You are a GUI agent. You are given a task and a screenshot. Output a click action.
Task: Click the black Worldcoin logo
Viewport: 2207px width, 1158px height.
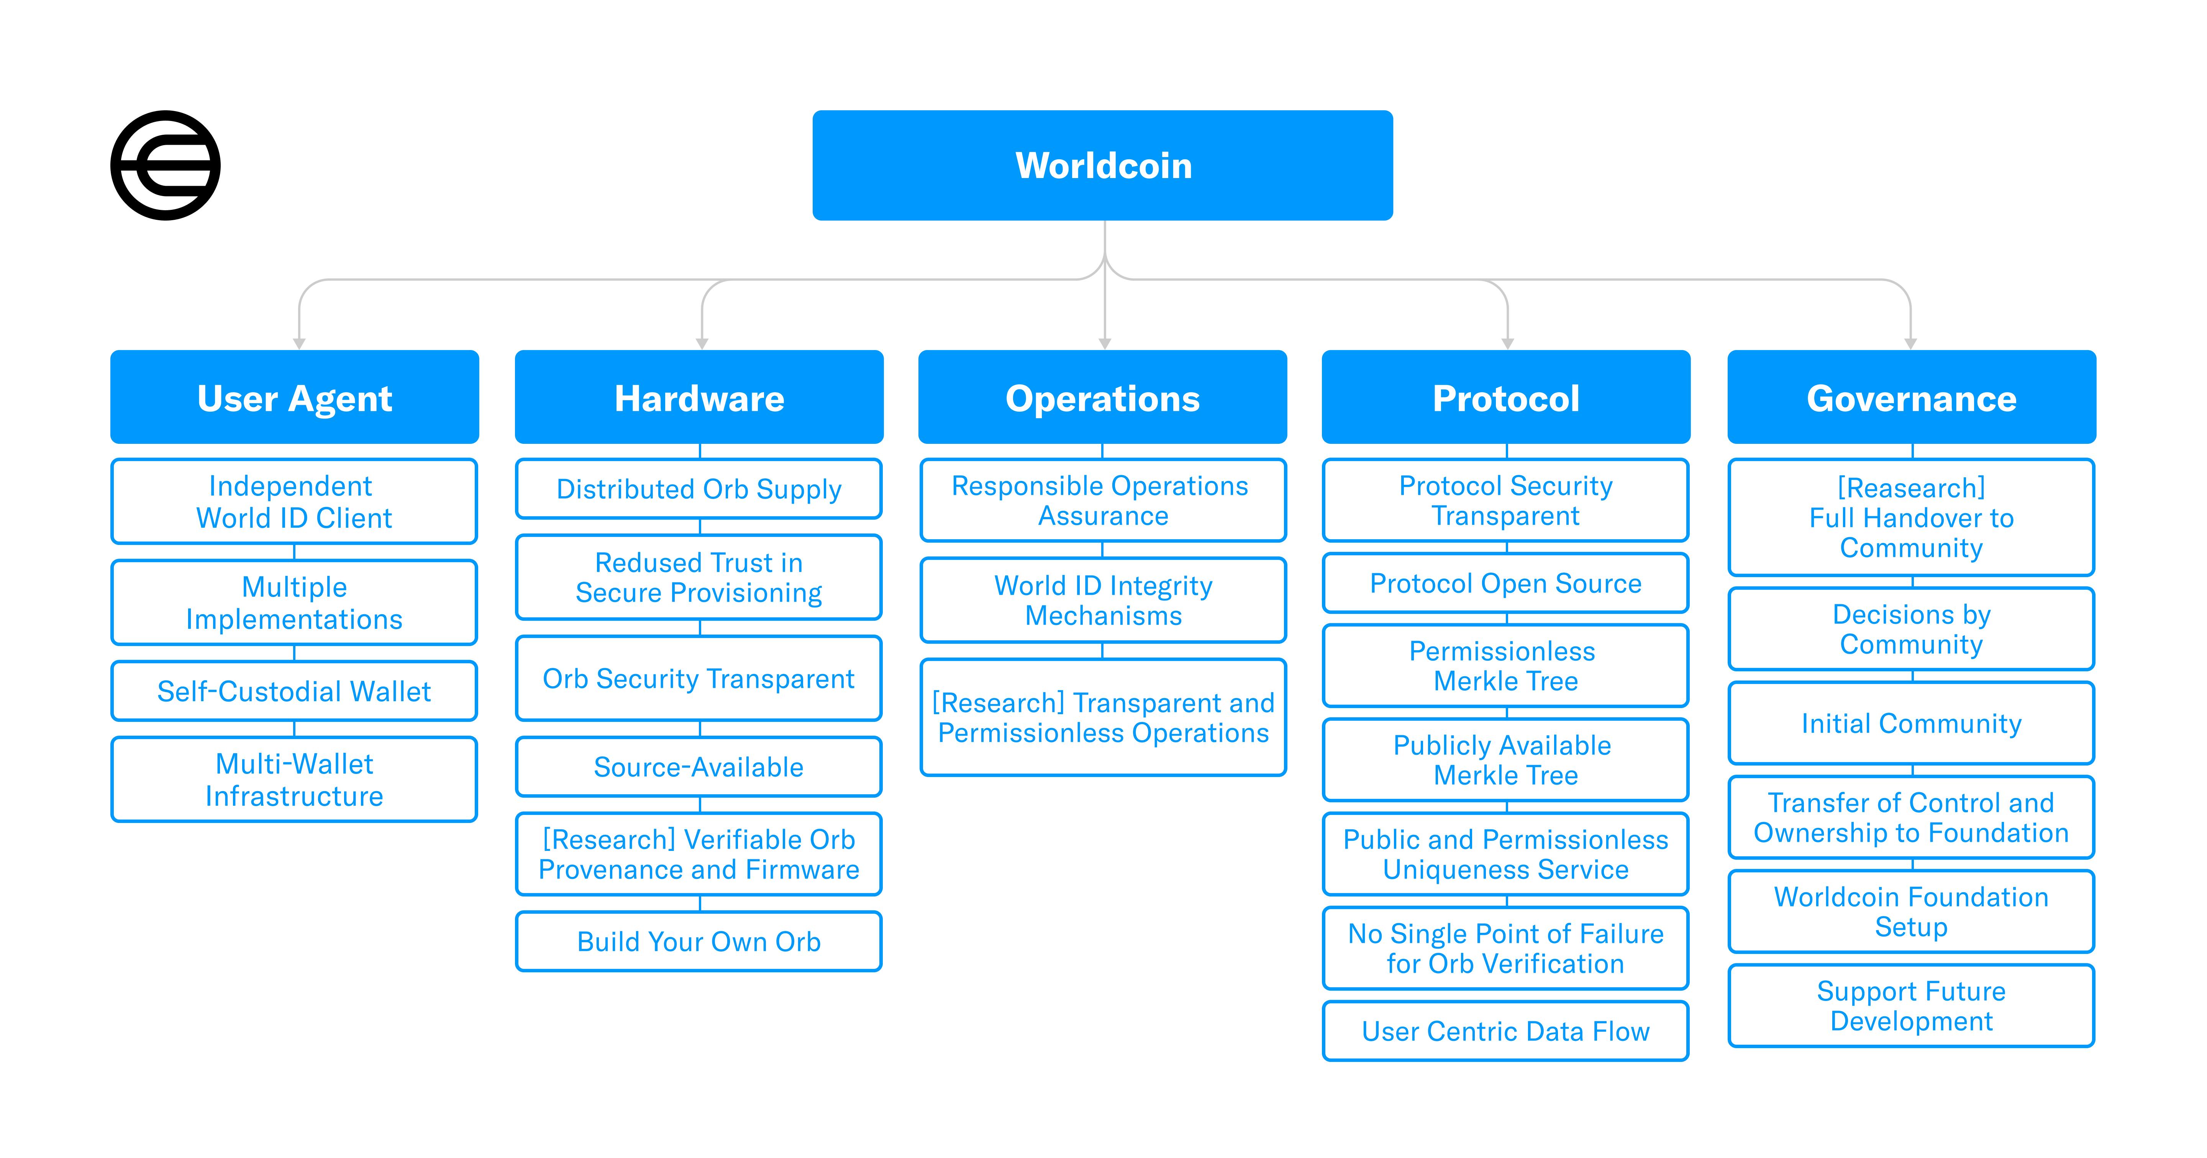(x=166, y=165)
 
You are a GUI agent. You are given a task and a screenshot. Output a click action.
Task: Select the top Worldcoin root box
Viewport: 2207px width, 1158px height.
(x=1103, y=165)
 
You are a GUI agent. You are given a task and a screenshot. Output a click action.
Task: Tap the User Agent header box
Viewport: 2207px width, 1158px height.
(x=295, y=397)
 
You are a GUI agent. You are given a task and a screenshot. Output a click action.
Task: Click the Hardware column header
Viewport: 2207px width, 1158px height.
(x=699, y=397)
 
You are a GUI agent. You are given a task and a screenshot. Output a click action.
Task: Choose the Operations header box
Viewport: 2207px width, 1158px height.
(x=1103, y=397)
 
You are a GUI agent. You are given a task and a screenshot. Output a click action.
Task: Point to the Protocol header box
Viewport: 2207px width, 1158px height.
(x=1506, y=397)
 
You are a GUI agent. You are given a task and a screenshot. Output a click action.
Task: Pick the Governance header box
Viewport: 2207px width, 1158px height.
(x=1912, y=397)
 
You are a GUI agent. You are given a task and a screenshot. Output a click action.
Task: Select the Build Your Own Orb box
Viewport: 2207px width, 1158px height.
(x=699, y=941)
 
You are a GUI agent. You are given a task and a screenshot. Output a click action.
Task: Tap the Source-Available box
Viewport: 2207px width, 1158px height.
(x=699, y=767)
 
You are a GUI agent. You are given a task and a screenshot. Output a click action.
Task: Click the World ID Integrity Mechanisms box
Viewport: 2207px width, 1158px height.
(x=1103, y=600)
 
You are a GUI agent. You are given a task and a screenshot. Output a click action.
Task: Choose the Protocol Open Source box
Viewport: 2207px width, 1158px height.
(x=1506, y=583)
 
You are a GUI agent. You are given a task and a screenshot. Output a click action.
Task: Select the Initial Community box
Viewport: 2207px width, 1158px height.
(x=1912, y=723)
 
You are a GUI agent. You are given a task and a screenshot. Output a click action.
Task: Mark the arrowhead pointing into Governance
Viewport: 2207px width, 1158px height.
(x=1910, y=343)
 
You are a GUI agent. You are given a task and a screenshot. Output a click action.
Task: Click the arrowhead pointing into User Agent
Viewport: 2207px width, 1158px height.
(x=299, y=343)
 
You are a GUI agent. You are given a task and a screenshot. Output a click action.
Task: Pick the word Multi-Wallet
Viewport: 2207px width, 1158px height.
(x=295, y=763)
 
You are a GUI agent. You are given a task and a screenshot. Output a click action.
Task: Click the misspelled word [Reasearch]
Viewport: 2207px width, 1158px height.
(x=1912, y=487)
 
